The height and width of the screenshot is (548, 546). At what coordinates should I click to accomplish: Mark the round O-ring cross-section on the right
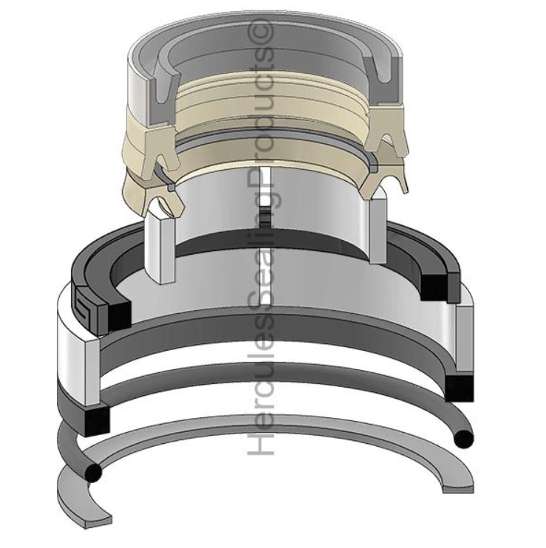tap(463, 439)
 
